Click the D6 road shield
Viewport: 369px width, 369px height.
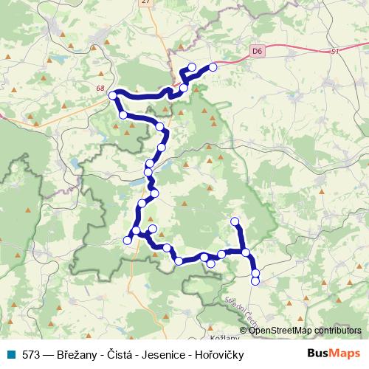pyautogui.click(x=257, y=51)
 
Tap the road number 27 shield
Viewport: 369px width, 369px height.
pyautogui.click(x=143, y=3)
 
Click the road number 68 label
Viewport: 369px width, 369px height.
pyautogui.click(x=100, y=89)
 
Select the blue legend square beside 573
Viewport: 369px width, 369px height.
pyautogui.click(x=13, y=355)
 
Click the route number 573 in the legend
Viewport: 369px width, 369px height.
pyautogui.click(x=32, y=355)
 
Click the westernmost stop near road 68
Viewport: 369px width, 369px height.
pyautogui.click(x=113, y=95)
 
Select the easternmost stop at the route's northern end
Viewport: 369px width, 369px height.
pyautogui.click(x=213, y=67)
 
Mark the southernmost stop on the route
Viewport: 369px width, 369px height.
pyautogui.click(x=255, y=280)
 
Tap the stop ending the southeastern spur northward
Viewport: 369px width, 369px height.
pyautogui.click(x=235, y=221)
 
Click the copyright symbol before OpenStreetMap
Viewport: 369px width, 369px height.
pyautogui.click(x=244, y=331)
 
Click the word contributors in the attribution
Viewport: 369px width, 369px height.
pyautogui.click(x=337, y=331)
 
